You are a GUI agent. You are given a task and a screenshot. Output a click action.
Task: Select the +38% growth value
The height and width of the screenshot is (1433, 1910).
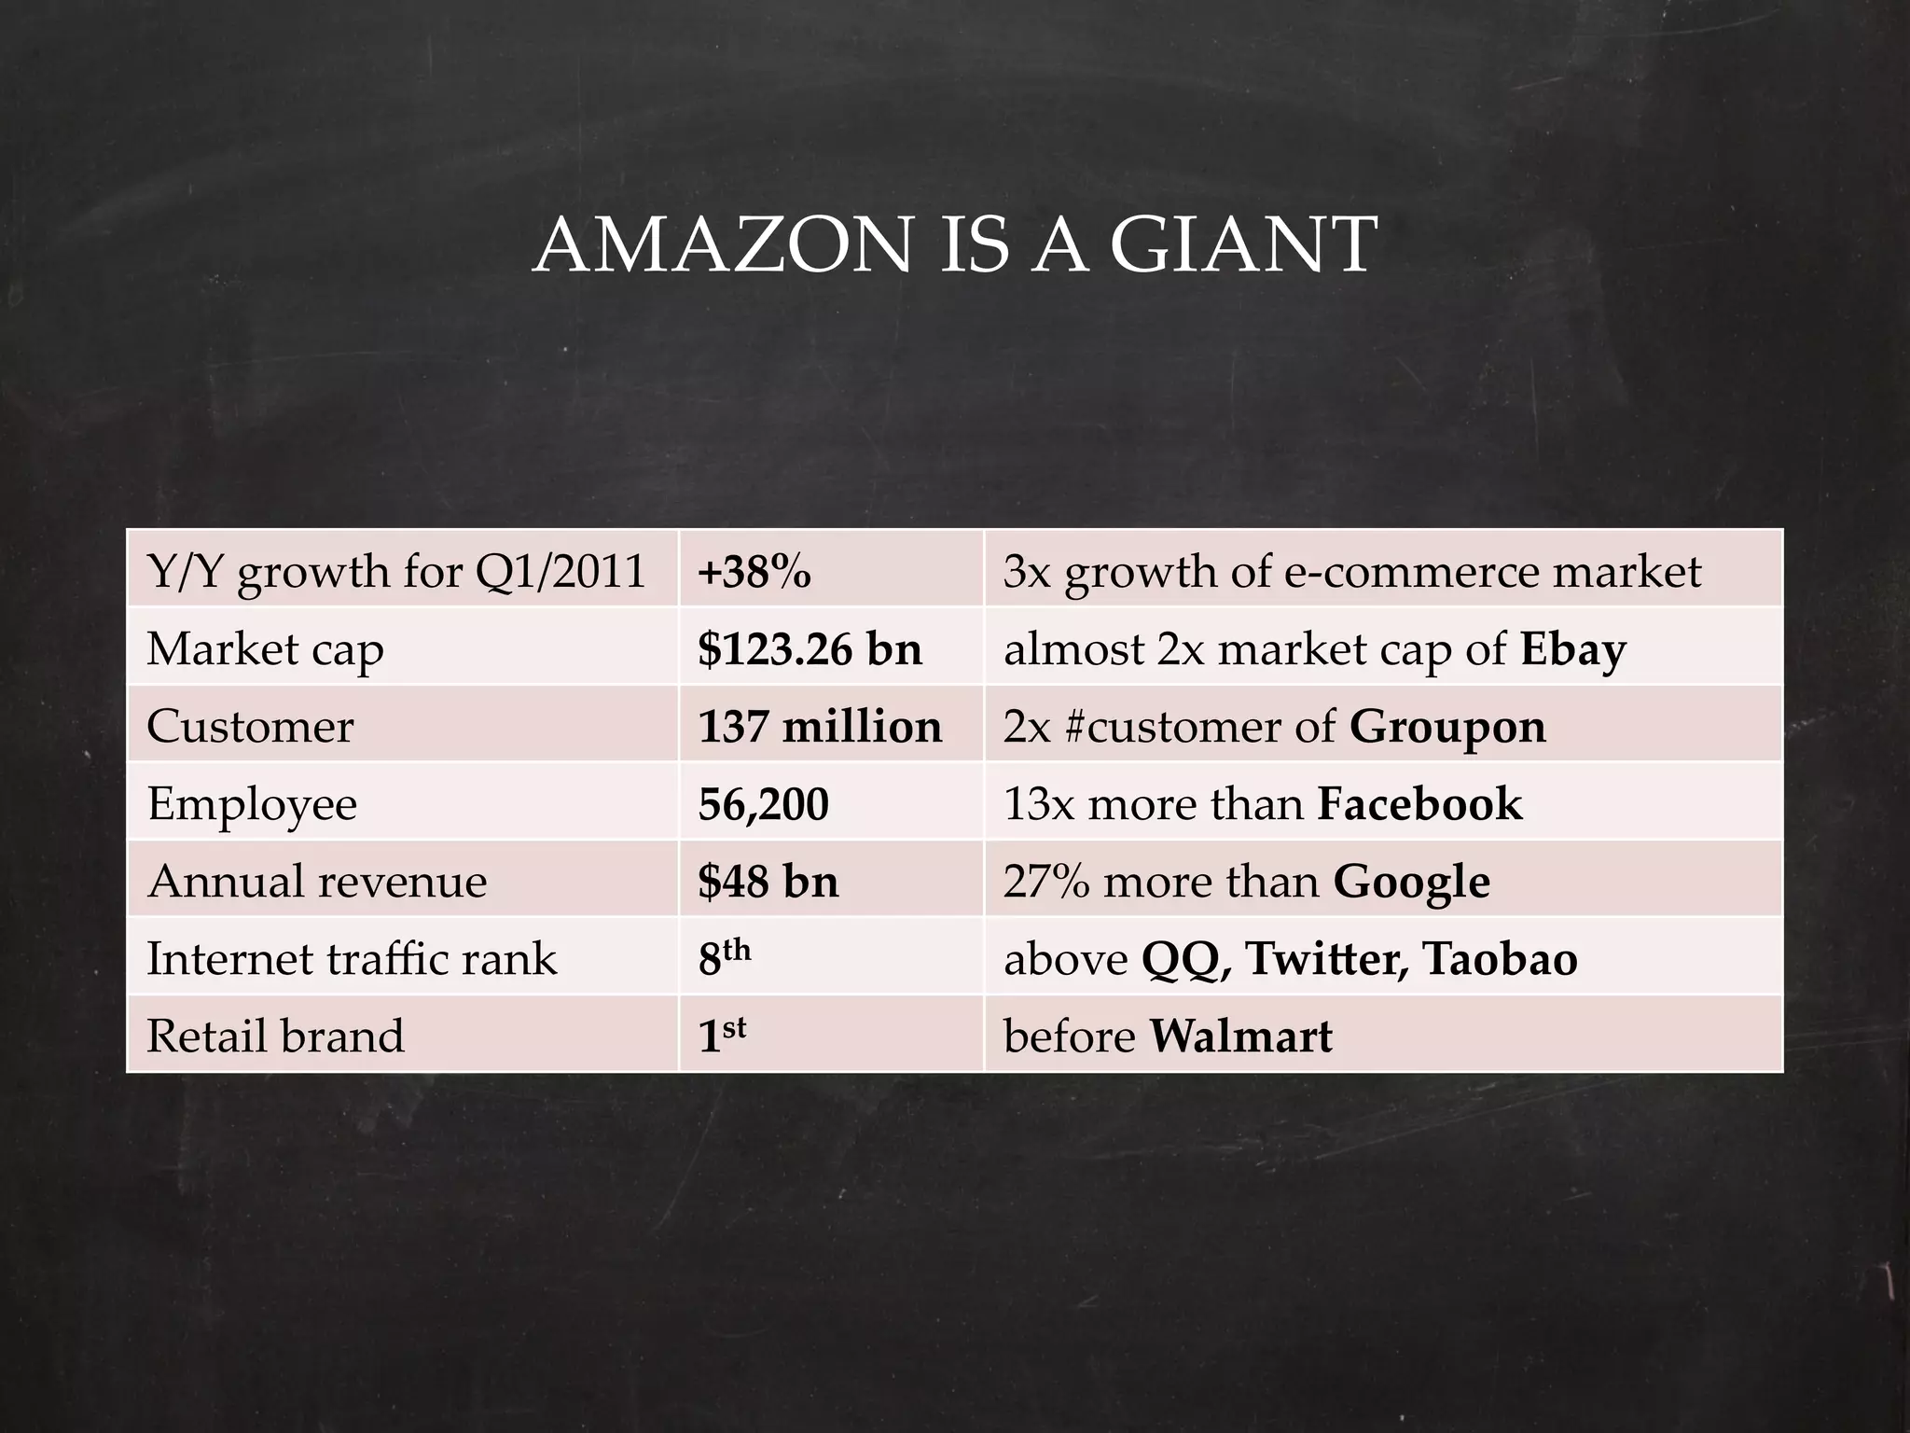coord(754,571)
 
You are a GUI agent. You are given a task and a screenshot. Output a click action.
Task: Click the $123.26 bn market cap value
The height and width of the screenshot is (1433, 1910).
coord(810,648)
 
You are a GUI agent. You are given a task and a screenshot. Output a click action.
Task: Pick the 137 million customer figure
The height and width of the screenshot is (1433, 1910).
coord(820,726)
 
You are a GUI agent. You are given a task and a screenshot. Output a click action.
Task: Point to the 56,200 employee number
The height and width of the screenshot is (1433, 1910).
coord(763,803)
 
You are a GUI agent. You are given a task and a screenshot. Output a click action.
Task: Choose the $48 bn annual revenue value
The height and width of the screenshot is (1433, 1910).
coord(768,881)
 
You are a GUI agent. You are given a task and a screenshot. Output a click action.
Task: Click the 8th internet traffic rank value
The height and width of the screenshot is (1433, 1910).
coord(724,957)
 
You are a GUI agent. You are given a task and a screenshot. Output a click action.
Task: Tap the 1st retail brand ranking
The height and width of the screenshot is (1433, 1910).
coord(722,1035)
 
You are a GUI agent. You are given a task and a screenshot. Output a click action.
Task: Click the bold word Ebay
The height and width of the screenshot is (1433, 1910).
coord(1572,649)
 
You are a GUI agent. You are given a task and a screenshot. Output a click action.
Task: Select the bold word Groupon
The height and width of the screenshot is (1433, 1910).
coord(1447,727)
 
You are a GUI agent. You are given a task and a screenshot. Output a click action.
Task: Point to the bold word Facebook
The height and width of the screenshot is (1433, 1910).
coord(1419,803)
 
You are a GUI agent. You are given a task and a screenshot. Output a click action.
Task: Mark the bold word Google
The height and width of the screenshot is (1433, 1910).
coord(1411,882)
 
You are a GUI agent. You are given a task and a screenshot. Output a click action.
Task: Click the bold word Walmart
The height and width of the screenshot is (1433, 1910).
coord(1240,1036)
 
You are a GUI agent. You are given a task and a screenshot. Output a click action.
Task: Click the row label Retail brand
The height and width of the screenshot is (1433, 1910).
coord(275,1036)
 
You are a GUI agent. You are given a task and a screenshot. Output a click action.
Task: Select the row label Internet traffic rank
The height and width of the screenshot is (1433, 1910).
coord(352,958)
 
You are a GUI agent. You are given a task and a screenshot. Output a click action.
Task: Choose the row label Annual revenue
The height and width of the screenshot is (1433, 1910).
coord(317,881)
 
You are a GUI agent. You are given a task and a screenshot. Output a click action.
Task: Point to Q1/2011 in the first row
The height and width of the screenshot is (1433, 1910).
coord(561,571)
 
